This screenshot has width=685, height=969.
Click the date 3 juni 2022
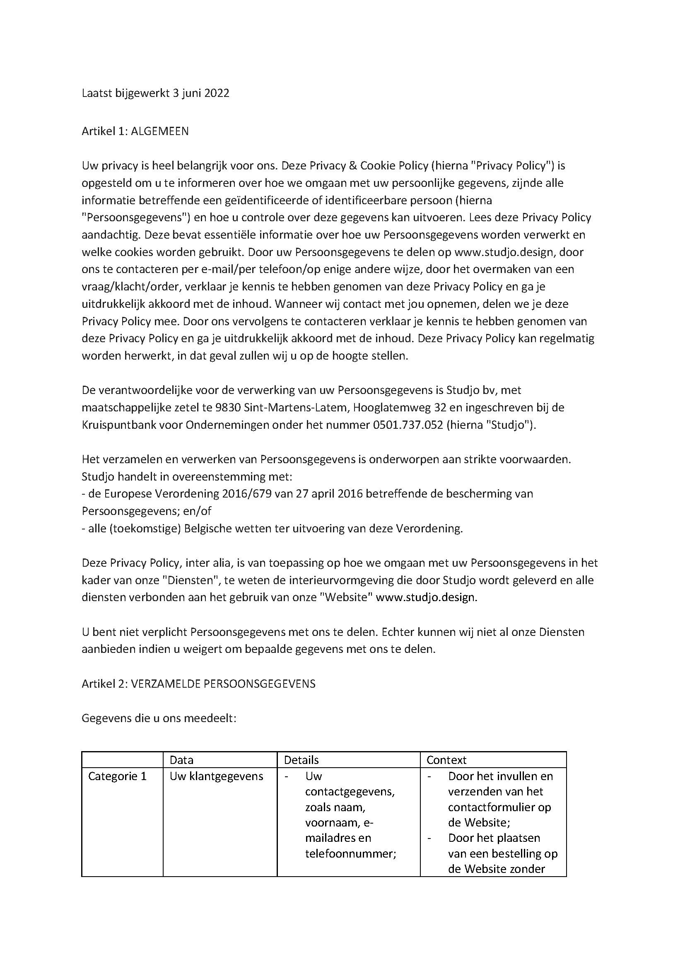pos(201,93)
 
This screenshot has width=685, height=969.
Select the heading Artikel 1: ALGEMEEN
pos(135,131)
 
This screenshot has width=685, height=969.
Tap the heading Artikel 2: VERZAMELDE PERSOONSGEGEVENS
pos(198,684)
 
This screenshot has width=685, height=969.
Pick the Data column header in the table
pos(181,760)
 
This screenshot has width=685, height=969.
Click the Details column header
pos(301,760)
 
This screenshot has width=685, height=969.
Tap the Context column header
pos(446,760)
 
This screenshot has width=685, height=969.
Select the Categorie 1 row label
pos(117,776)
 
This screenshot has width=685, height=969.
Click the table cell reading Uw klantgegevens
pos(216,776)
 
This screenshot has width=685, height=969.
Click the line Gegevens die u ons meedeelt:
pos(159,718)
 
